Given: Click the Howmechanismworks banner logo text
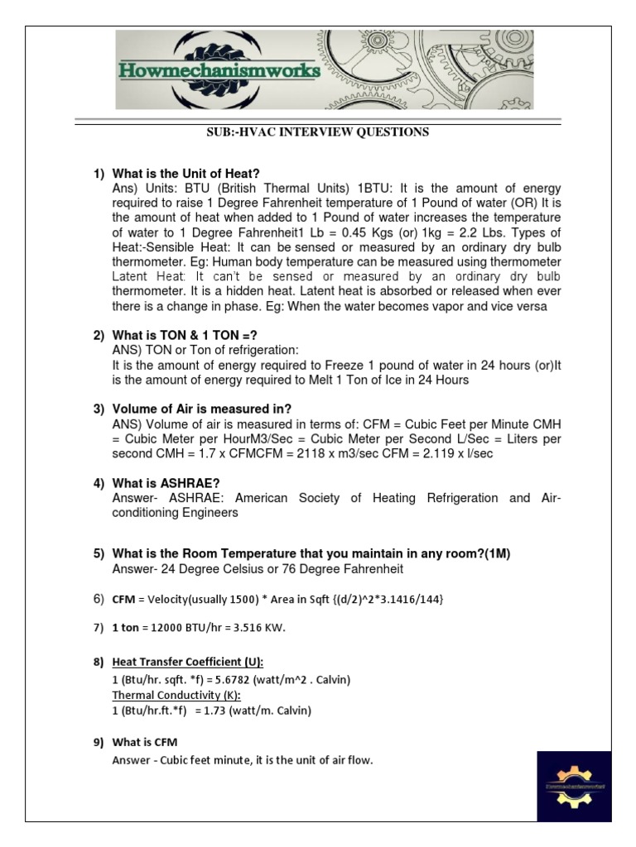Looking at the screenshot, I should coord(219,71).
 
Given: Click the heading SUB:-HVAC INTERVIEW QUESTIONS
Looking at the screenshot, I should coord(317,132).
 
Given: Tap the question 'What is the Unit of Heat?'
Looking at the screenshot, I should coord(185,174).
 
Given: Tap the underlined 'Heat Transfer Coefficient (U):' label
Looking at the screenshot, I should coord(188,663).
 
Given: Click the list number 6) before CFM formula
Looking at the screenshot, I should coord(99,598).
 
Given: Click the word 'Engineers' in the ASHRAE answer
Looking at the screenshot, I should coord(211,513).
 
